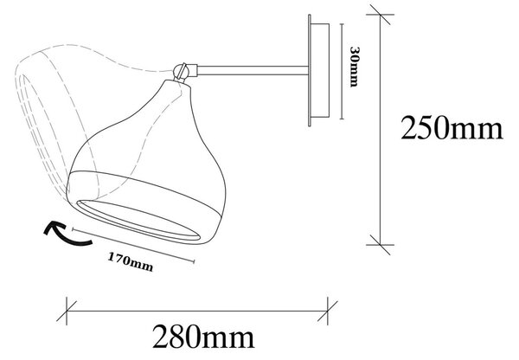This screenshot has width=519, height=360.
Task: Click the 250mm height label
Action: click(x=452, y=127)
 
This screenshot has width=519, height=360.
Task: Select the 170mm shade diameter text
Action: click(x=131, y=261)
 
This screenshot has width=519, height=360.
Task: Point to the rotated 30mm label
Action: click(x=354, y=67)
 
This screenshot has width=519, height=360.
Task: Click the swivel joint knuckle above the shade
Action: click(x=181, y=71)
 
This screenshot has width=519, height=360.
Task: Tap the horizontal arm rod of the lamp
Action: click(x=253, y=70)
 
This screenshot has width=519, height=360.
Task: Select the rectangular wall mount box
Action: click(x=320, y=70)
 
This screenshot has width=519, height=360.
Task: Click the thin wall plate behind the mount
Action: click(x=310, y=70)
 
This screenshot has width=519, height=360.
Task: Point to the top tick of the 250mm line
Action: click(x=380, y=15)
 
